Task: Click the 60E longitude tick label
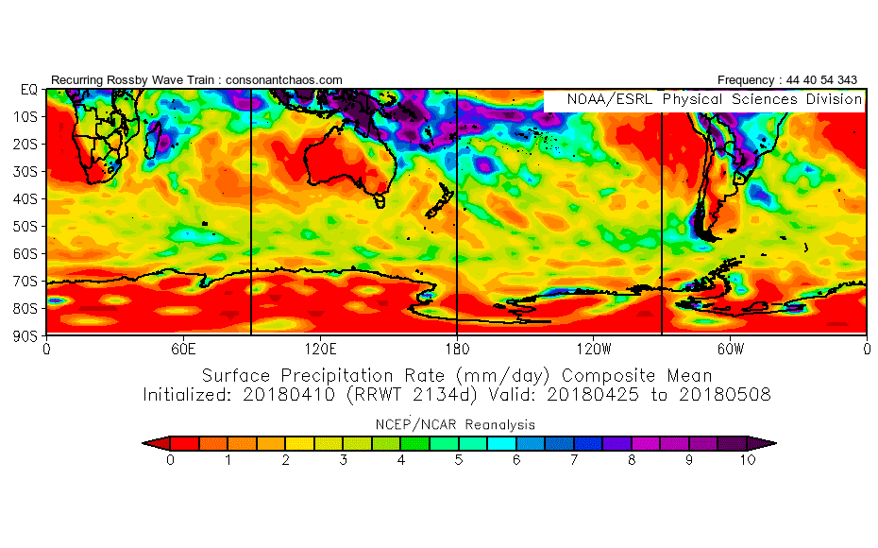(x=182, y=349)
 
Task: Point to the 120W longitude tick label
(x=593, y=349)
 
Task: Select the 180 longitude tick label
(x=457, y=349)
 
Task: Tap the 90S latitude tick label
(x=28, y=335)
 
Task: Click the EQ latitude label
(x=28, y=90)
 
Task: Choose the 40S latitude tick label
(x=28, y=198)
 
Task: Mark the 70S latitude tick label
(x=28, y=281)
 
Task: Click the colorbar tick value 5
(x=459, y=460)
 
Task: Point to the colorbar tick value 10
(x=748, y=460)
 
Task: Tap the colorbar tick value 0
(x=170, y=460)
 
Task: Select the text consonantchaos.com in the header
(x=282, y=80)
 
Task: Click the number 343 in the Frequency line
(x=847, y=80)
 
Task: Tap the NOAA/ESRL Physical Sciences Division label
(x=714, y=99)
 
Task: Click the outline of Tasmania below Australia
(x=380, y=200)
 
